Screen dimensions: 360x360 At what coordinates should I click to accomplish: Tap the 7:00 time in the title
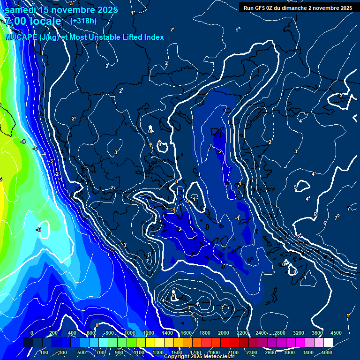pyautogui.click(x=16, y=22)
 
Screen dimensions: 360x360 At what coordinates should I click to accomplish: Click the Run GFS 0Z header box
pyautogui.click(x=298, y=7)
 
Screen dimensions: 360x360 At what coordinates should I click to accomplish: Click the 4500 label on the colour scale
pyautogui.click(x=336, y=333)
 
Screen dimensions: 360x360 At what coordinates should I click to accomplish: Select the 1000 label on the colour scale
pyautogui.click(x=129, y=333)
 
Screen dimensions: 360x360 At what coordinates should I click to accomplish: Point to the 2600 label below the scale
pyautogui.click(x=270, y=352)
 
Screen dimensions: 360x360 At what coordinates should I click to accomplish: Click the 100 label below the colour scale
pyautogui.click(x=44, y=352)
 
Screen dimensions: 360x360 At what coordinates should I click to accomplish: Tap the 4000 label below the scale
pyautogui.click(x=327, y=352)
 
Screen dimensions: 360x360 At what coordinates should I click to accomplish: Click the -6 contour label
pyautogui.click(x=23, y=142)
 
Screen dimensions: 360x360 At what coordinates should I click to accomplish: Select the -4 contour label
pyautogui.click(x=43, y=154)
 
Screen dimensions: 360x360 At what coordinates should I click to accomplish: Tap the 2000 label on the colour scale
pyautogui.click(x=223, y=333)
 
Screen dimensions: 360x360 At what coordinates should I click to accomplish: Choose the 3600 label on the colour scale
pyautogui.click(x=317, y=333)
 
